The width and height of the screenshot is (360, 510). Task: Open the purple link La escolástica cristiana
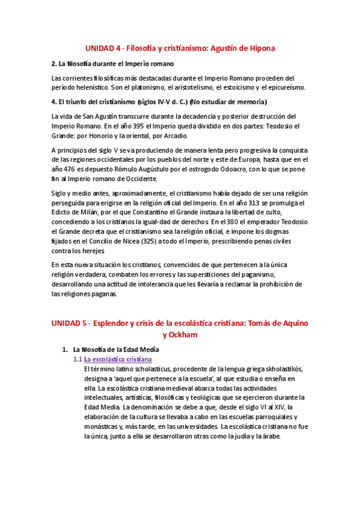pyautogui.click(x=117, y=359)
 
